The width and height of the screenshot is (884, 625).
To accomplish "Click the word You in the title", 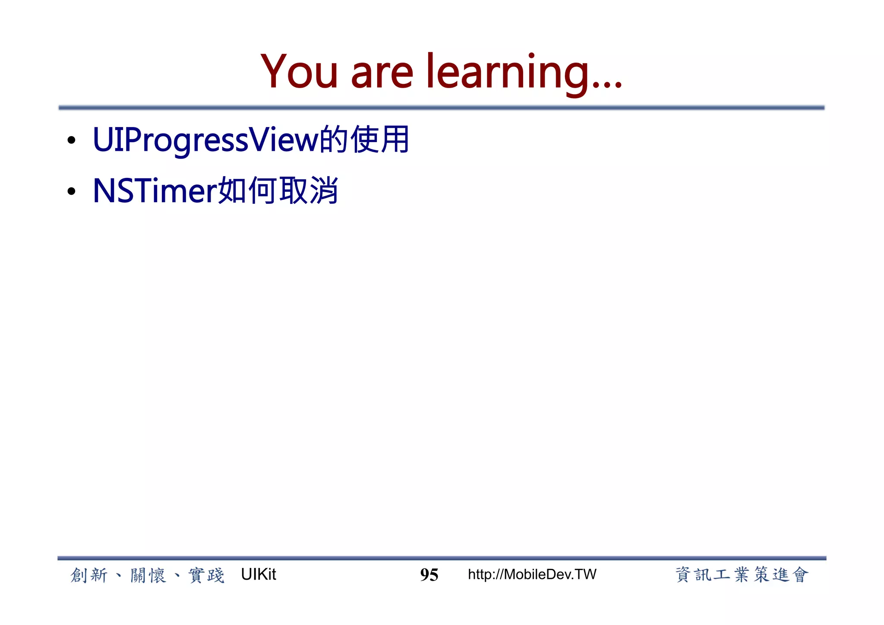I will click(299, 72).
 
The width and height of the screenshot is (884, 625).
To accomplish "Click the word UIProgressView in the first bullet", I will click(205, 140).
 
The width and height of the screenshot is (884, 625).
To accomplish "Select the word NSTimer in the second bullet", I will click(155, 190).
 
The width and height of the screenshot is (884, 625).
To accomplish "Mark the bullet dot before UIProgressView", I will click(72, 140).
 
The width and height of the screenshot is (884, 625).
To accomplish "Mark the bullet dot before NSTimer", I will click(72, 191).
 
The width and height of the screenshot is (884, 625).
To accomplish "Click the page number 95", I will click(429, 575).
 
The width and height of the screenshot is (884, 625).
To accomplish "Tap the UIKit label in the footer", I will click(259, 574).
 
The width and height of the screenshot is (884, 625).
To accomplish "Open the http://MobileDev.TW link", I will click(532, 574).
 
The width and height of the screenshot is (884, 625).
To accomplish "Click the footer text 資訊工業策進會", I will click(742, 575).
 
